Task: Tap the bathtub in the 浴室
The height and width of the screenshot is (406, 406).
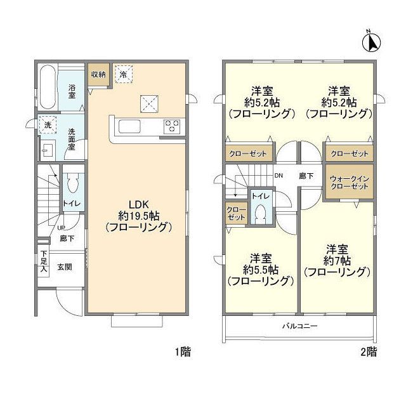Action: [48, 88]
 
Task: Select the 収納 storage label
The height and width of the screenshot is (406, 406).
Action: [98, 74]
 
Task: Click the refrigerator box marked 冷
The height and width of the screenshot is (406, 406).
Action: [124, 74]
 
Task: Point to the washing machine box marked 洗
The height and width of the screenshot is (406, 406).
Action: [48, 125]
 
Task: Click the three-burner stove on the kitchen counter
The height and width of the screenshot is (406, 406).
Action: [172, 126]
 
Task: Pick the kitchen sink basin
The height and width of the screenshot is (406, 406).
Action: [129, 127]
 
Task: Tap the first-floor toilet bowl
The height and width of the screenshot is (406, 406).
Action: [72, 183]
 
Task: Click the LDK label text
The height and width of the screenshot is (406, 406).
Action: [139, 204]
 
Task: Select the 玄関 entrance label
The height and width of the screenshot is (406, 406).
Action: [65, 266]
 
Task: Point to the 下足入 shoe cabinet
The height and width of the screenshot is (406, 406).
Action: [43, 261]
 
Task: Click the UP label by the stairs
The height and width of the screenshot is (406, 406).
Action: [61, 228]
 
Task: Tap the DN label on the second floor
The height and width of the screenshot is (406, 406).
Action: [278, 176]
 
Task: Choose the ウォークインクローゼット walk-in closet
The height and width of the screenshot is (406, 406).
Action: [350, 182]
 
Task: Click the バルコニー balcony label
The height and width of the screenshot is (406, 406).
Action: [299, 325]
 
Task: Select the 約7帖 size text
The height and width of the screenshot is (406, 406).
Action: [337, 260]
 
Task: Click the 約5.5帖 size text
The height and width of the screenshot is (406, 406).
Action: [261, 270]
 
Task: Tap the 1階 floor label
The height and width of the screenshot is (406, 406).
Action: [183, 352]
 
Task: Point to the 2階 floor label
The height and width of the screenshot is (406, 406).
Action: [369, 352]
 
